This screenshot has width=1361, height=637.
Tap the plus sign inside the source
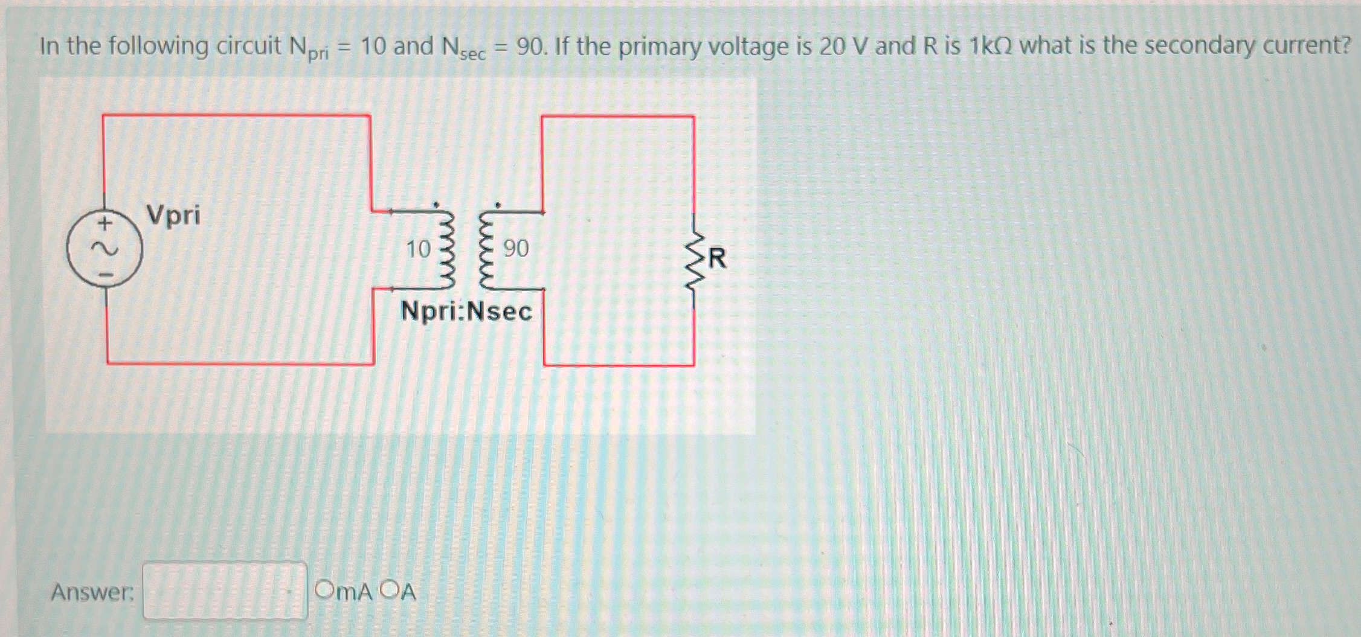coord(105,224)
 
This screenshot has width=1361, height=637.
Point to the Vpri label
coord(173,215)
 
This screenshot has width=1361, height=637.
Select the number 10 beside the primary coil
coord(418,249)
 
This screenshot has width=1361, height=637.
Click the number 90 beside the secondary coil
coord(516,248)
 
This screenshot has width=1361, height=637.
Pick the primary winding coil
coord(445,249)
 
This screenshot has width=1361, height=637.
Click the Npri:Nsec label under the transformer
coord(466,312)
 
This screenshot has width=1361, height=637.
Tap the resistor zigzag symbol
coord(695,260)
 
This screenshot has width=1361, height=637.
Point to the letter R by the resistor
coord(717,258)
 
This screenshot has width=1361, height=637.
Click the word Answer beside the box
coord(92,592)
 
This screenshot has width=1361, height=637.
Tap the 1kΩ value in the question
coord(991,46)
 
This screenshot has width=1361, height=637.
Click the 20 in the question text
coord(831,46)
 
